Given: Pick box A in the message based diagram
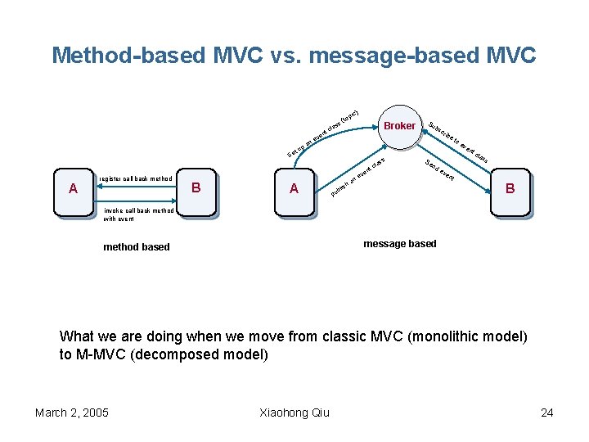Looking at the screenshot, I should tap(294, 190).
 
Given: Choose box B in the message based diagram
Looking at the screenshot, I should tap(510, 190).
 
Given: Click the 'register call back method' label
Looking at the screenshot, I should tap(135, 178).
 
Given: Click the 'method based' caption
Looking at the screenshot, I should tap(137, 246).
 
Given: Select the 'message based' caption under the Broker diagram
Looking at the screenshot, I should tap(400, 243).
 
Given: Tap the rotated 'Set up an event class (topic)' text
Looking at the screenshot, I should tap(324, 133).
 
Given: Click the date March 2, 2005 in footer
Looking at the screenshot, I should tap(72, 412).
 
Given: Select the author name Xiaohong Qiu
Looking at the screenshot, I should tap(294, 412).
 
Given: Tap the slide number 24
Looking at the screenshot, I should tap(546, 412).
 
